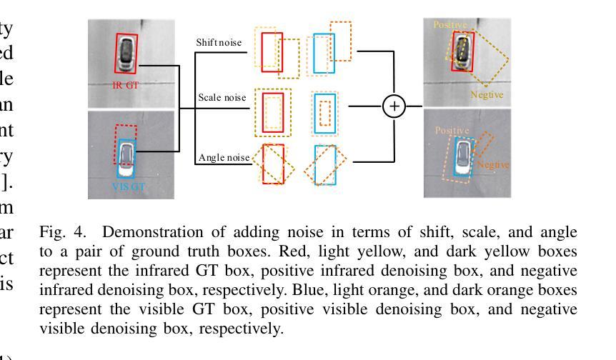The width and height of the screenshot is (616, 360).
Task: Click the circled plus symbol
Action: (x=394, y=106)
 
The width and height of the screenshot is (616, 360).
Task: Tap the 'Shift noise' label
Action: (x=219, y=43)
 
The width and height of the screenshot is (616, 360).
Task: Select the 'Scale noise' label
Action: (x=222, y=97)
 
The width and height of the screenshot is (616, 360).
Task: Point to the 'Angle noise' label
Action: (x=224, y=157)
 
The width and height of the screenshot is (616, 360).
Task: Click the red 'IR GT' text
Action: (x=126, y=85)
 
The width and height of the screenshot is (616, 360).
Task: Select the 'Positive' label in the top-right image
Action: (x=450, y=24)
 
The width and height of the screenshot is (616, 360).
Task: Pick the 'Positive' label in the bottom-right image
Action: (x=452, y=131)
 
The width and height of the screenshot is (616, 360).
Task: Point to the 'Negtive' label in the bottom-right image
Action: (x=493, y=164)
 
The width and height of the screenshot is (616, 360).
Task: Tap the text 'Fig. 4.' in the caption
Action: (x=56, y=233)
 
